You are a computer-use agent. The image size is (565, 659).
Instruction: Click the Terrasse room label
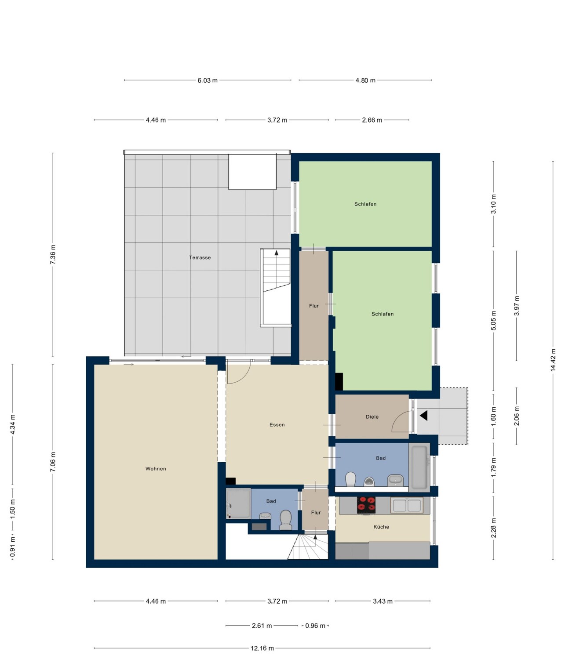tap(200, 257)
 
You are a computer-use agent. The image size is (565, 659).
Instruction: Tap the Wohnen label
tap(156, 469)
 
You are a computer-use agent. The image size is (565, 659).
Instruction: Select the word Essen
tap(277, 425)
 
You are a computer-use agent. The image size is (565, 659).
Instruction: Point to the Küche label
tap(381, 527)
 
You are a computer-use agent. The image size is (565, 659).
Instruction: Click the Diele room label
tap(372, 416)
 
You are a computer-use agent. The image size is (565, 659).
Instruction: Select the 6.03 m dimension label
tap(208, 80)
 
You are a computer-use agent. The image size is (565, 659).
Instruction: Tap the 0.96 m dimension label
tap(315, 626)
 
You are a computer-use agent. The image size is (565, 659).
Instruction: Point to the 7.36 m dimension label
tap(53, 254)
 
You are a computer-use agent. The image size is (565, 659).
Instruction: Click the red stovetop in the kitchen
tap(366, 505)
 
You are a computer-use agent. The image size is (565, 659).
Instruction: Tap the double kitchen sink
tap(407, 505)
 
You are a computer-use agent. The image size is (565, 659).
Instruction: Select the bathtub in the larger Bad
tap(419, 467)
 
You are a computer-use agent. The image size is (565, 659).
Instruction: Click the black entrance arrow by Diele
tap(423, 416)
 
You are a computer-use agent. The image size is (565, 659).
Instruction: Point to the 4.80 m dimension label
tap(365, 80)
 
